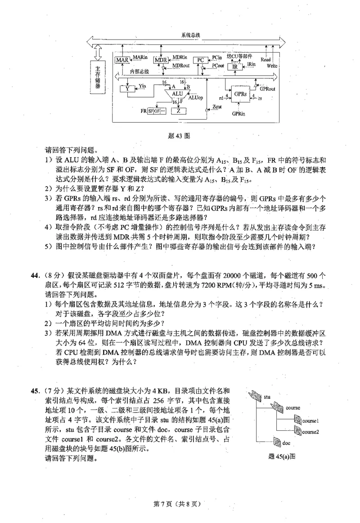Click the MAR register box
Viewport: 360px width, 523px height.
tap(122, 60)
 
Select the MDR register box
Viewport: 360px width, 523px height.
tap(160, 60)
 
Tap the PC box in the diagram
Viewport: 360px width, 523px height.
tap(201, 60)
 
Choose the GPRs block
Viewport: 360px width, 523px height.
tap(240, 95)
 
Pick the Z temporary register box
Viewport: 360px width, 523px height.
tap(179, 111)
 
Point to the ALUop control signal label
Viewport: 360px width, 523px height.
tap(196, 97)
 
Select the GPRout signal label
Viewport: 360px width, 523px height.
tap(267, 89)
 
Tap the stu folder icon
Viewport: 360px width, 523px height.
tap(255, 396)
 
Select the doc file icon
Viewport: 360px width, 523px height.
tap(277, 443)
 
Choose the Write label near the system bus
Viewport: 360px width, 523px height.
tap(272, 66)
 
